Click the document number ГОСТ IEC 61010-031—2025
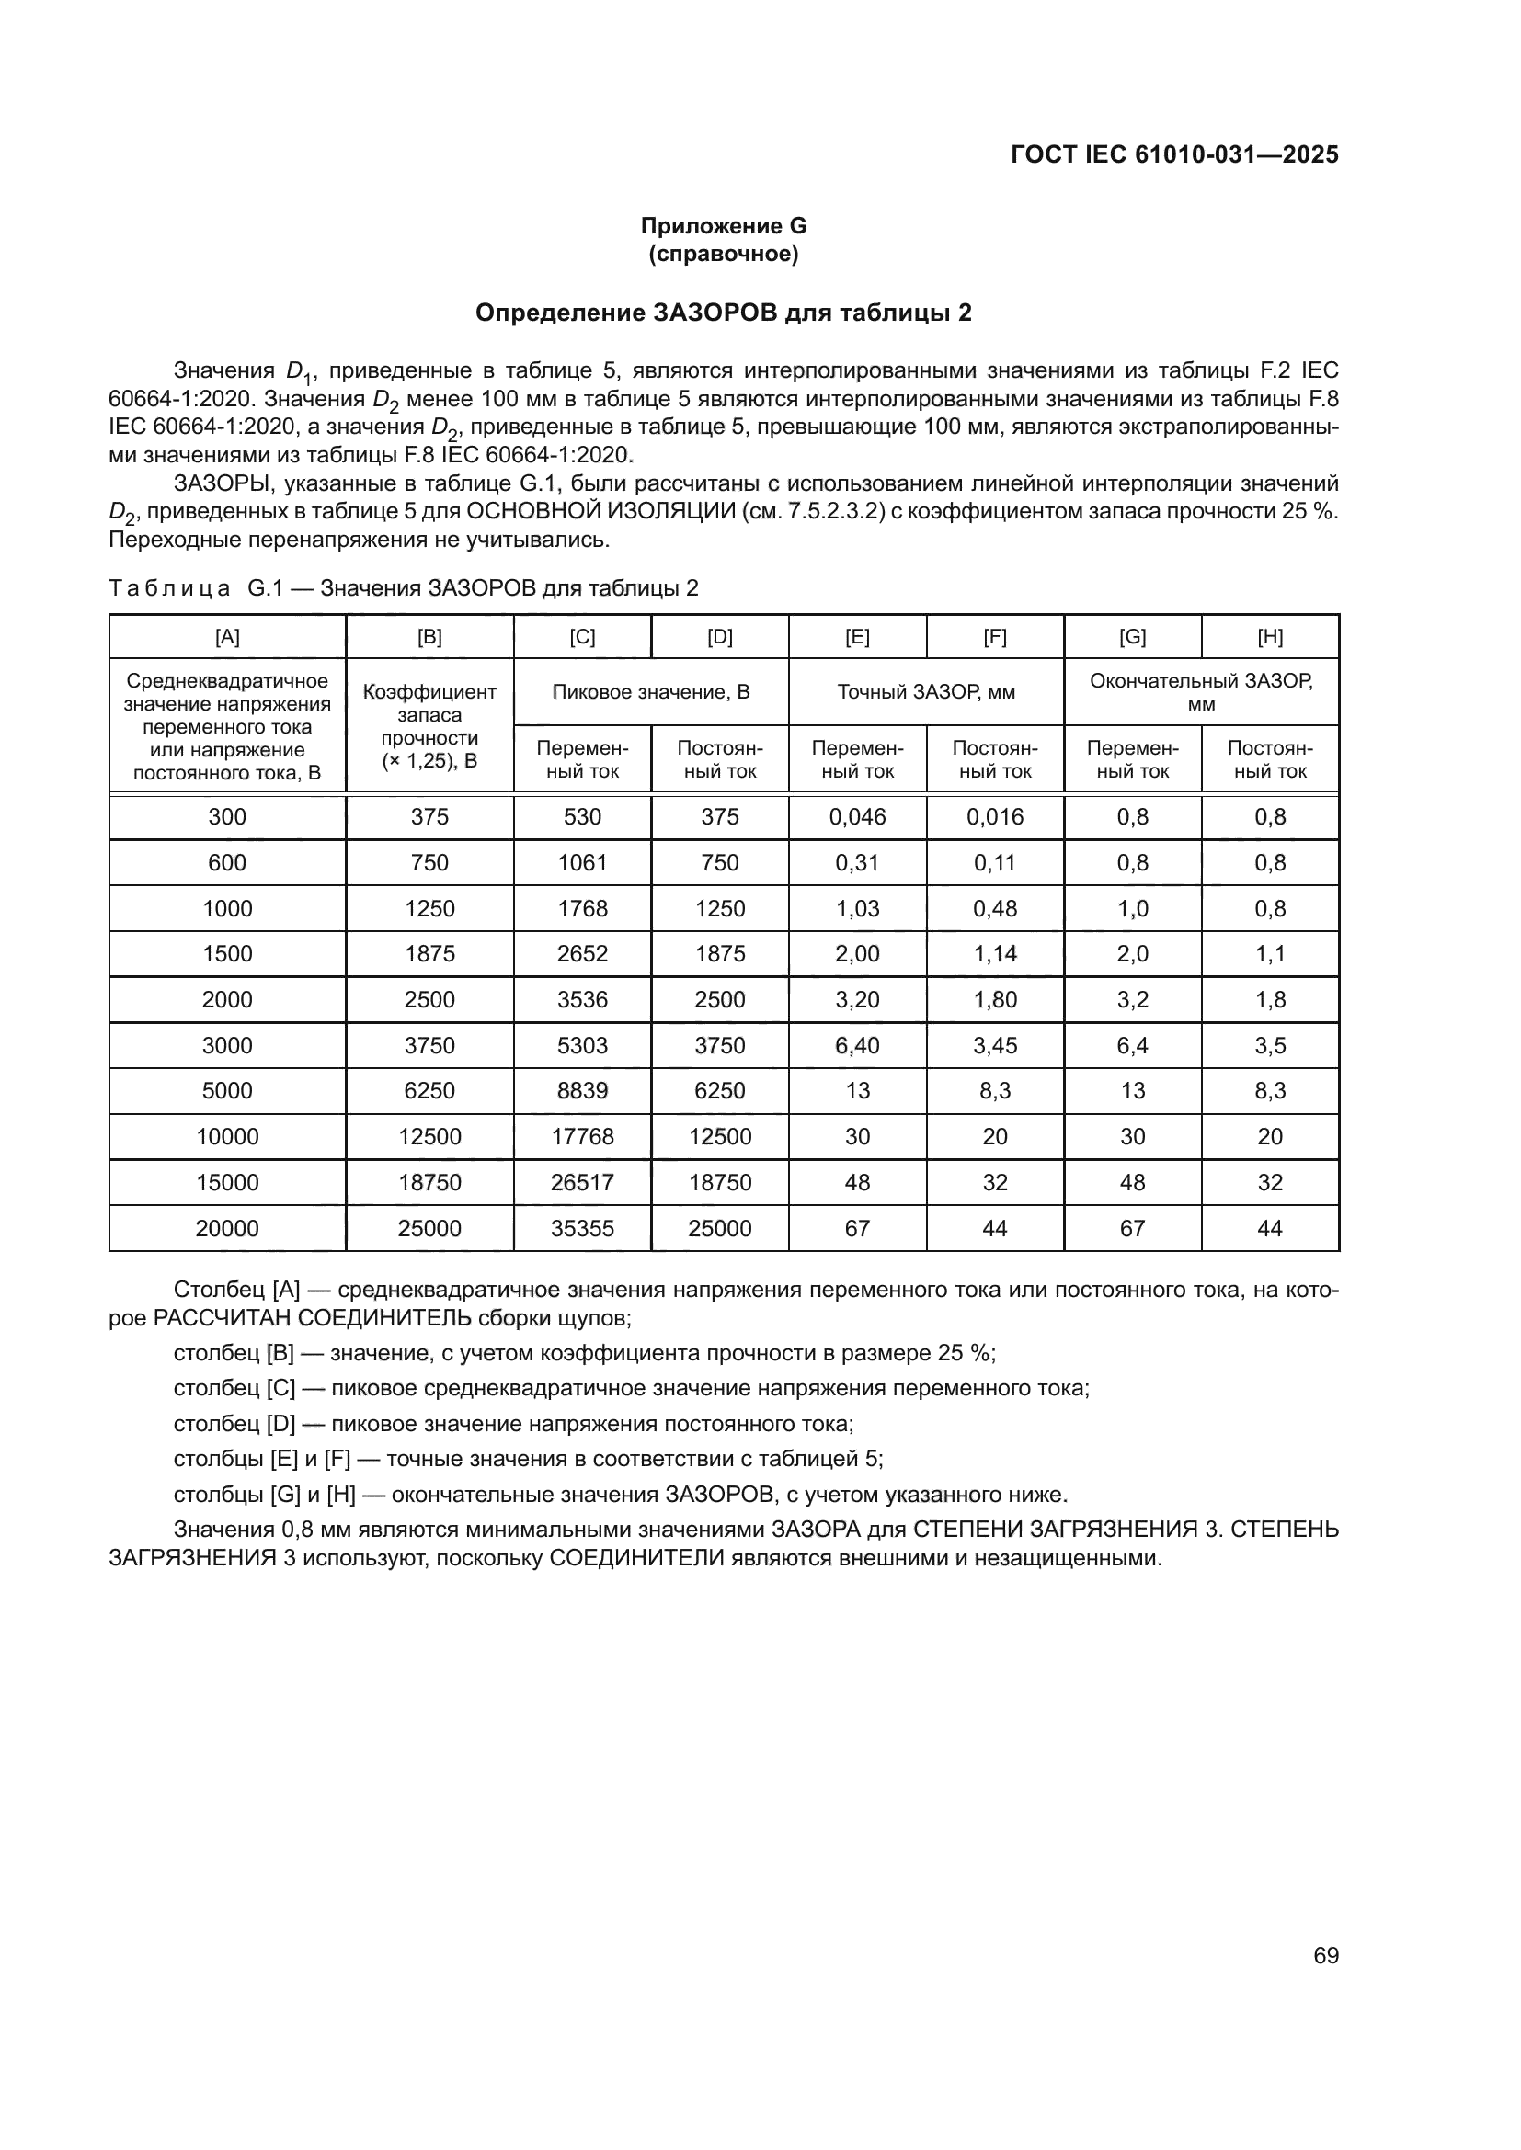[x=1174, y=155]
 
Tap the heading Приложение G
[x=723, y=226]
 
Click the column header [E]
[x=857, y=638]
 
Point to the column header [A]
[x=227, y=638]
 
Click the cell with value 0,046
[x=857, y=816]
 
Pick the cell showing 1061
[x=582, y=862]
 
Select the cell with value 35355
[x=582, y=1228]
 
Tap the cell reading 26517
[x=582, y=1182]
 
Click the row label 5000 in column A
[x=227, y=1091]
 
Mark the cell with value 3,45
[x=995, y=1045]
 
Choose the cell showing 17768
[x=582, y=1137]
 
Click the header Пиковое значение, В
[x=651, y=692]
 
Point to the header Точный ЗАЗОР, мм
[x=925, y=692]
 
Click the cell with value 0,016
[x=995, y=816]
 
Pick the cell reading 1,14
[x=995, y=953]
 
